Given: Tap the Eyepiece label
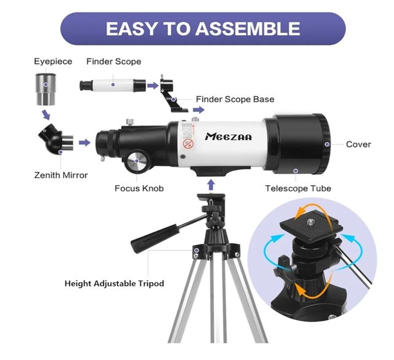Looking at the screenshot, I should [53, 62].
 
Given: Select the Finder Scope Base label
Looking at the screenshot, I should [235, 99].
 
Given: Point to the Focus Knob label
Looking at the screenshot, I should [139, 188].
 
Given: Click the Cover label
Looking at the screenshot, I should [358, 145].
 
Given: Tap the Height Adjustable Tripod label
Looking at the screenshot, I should [115, 284].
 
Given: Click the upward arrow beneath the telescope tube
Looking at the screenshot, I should [211, 184].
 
